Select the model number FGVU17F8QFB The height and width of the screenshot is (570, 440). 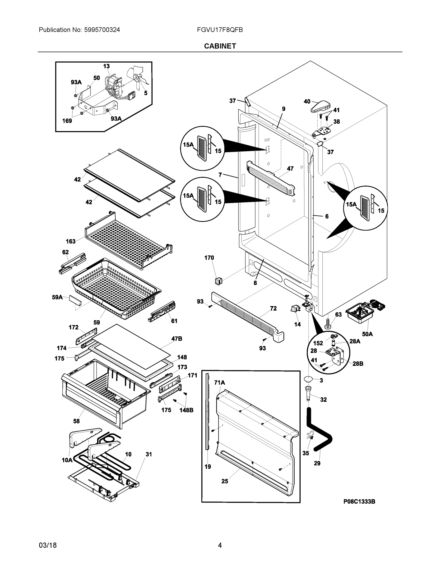pos(220,30)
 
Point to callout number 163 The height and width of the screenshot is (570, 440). pos(71,241)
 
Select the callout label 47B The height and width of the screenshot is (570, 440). pos(176,339)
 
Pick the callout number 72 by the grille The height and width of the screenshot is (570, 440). pos(273,309)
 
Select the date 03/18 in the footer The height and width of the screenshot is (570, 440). pos(48,545)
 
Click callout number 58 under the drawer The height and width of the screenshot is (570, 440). pos(76,421)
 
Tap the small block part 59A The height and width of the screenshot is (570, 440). pos(75,300)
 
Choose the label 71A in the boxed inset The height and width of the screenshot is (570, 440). pos(219,383)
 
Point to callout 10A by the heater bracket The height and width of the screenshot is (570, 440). pos(67,460)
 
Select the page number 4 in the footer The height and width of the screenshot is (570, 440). pos(220,545)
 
